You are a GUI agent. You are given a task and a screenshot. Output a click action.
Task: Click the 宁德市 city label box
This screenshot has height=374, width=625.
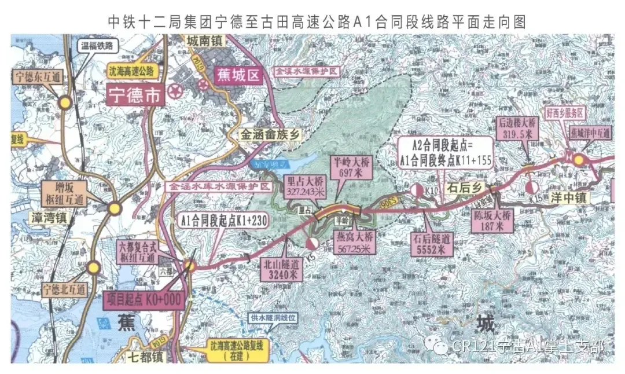point(134,96)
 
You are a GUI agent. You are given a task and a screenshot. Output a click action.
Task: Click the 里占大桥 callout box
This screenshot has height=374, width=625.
point(306,185)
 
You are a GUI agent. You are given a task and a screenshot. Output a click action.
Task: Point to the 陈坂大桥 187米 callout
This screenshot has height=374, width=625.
point(492,220)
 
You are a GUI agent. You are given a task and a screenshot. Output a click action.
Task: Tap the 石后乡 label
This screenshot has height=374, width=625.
point(464,188)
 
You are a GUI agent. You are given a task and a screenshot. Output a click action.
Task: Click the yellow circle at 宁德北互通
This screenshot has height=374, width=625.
point(93,267)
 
